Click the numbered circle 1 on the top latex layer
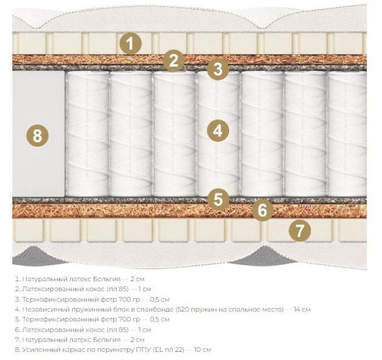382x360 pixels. [130, 44]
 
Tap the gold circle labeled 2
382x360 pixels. [174, 61]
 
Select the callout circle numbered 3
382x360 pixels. [218, 69]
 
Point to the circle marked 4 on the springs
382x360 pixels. [218, 131]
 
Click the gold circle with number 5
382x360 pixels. [218, 199]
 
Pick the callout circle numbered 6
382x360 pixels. [262, 210]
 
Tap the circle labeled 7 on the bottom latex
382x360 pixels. [300, 230]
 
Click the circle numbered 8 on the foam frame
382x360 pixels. [37, 136]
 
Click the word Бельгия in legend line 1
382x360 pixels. [108, 279]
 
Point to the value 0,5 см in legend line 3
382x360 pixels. [159, 299]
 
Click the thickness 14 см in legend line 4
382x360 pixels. [302, 309]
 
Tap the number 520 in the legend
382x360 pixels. [183, 309]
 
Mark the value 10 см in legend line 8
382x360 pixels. [202, 350]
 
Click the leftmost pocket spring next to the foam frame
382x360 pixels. [87, 134]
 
